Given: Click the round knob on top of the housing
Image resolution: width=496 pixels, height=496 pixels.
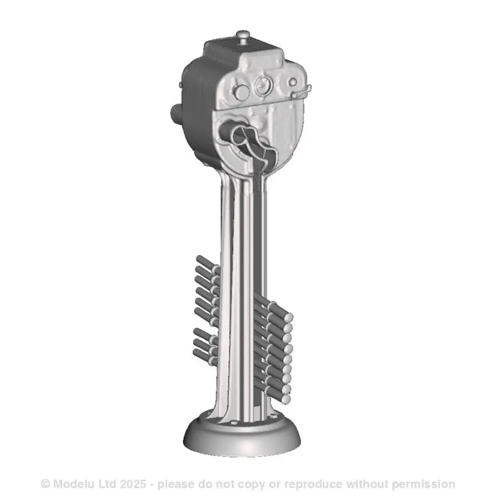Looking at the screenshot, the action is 244,35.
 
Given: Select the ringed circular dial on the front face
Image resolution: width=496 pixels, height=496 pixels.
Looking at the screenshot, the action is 264,85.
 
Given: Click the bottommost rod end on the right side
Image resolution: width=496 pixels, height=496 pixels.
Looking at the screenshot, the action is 286,399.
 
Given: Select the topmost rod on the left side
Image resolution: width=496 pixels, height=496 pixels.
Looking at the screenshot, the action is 207,265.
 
